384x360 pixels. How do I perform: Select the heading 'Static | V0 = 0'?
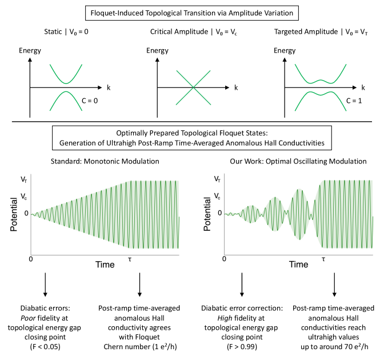coord(61,33)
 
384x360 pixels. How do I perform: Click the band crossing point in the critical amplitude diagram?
coord(194,87)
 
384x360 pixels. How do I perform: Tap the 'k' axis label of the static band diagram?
coord(107,87)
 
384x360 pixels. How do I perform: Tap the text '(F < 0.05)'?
coord(45,346)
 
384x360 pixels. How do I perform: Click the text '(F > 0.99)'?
coord(242,346)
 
